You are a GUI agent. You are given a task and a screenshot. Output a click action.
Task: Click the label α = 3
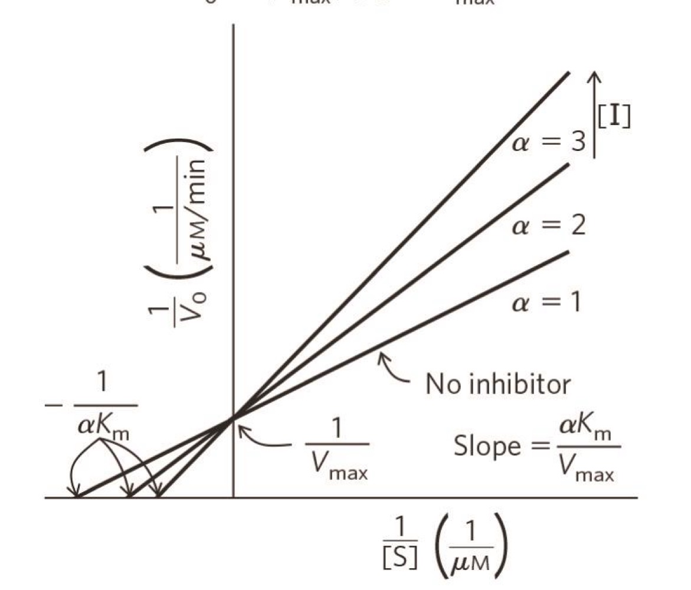pyautogui.click(x=548, y=143)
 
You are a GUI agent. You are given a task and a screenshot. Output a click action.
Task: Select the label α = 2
pyautogui.click(x=548, y=225)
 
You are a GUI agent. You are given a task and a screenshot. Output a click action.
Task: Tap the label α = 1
pyautogui.click(x=546, y=301)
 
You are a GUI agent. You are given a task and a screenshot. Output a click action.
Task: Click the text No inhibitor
pyautogui.click(x=498, y=385)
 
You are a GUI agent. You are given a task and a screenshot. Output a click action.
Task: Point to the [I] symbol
pyautogui.click(x=614, y=117)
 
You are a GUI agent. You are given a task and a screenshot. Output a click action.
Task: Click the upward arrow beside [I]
pyautogui.click(x=595, y=115)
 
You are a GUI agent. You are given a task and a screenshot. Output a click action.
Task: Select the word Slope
pyautogui.click(x=486, y=447)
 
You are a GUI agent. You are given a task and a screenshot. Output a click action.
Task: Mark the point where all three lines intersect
pyautogui.click(x=234, y=418)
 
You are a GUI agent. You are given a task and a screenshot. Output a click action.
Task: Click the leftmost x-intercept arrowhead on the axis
pyautogui.click(x=76, y=494)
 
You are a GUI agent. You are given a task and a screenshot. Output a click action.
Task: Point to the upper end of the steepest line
pyautogui.click(x=568, y=73)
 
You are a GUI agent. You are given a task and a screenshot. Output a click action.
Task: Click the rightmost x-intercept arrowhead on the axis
pyautogui.click(x=158, y=494)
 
